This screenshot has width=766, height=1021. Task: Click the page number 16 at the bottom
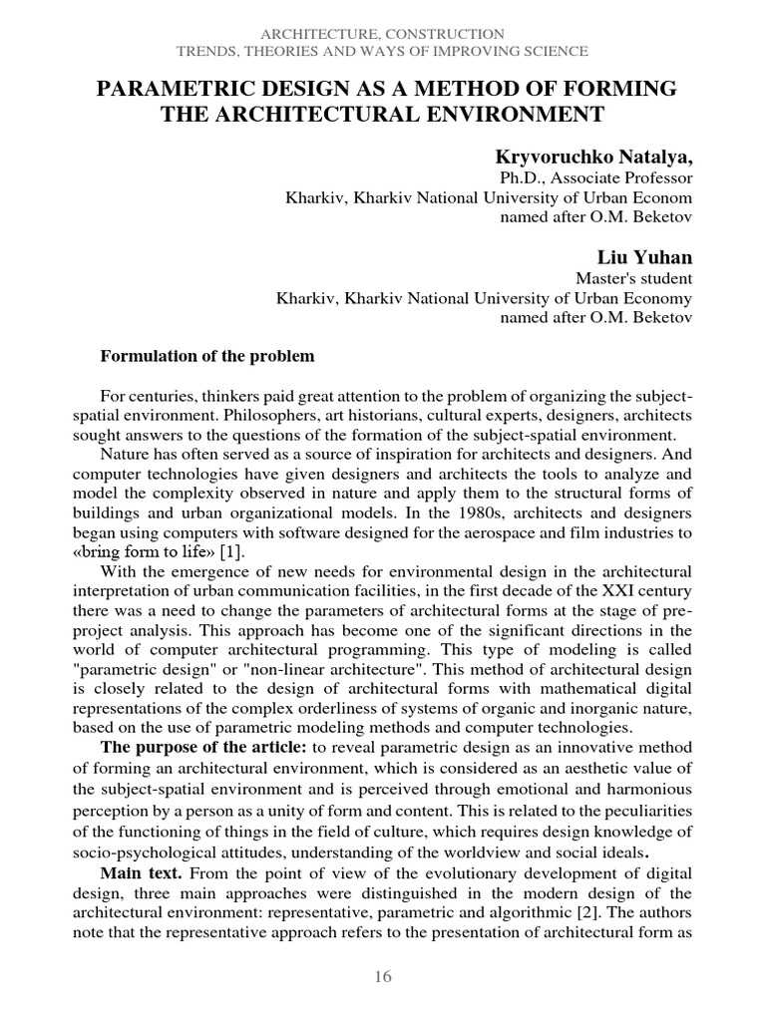[383, 977]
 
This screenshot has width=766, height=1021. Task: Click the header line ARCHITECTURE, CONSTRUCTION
[382, 34]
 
